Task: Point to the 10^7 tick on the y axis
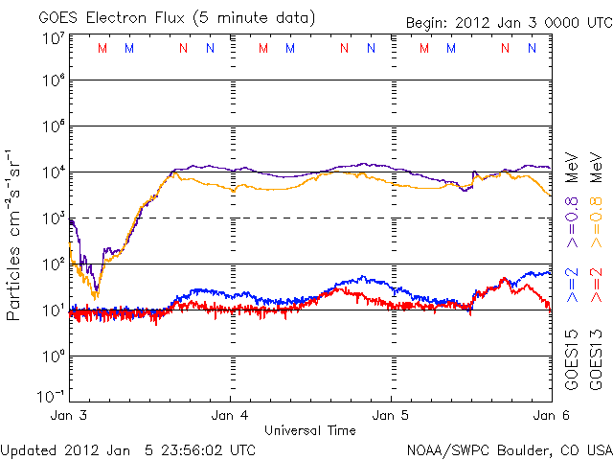coord(54,37)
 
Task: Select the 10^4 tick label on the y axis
coord(54,172)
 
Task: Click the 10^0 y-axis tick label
coord(54,356)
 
